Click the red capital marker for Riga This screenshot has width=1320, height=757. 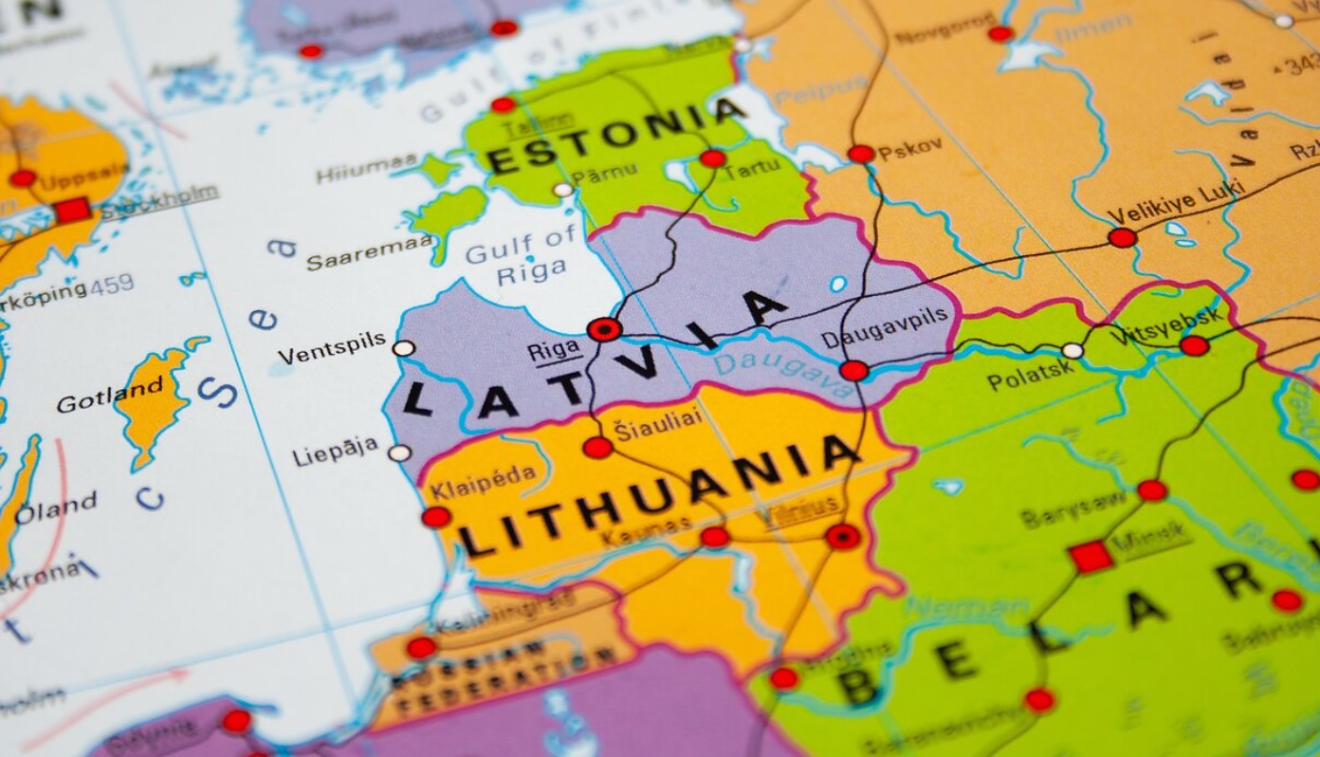604,329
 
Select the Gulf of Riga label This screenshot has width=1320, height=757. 521,256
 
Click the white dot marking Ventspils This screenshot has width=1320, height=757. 404,348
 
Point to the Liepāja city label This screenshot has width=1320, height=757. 336,452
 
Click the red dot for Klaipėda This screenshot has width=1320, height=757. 436,517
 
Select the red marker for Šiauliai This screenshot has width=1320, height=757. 597,448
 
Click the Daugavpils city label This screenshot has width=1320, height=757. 884,341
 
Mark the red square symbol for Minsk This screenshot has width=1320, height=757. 1091,557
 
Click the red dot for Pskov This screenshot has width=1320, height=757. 861,154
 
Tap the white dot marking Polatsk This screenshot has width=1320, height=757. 1072,351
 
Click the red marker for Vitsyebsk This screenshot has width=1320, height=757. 1195,345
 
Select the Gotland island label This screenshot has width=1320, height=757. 110,396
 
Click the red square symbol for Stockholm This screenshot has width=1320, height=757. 73,211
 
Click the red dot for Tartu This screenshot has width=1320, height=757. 713,158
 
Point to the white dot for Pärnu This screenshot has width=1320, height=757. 563,190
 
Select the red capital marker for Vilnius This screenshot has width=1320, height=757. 842,537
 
